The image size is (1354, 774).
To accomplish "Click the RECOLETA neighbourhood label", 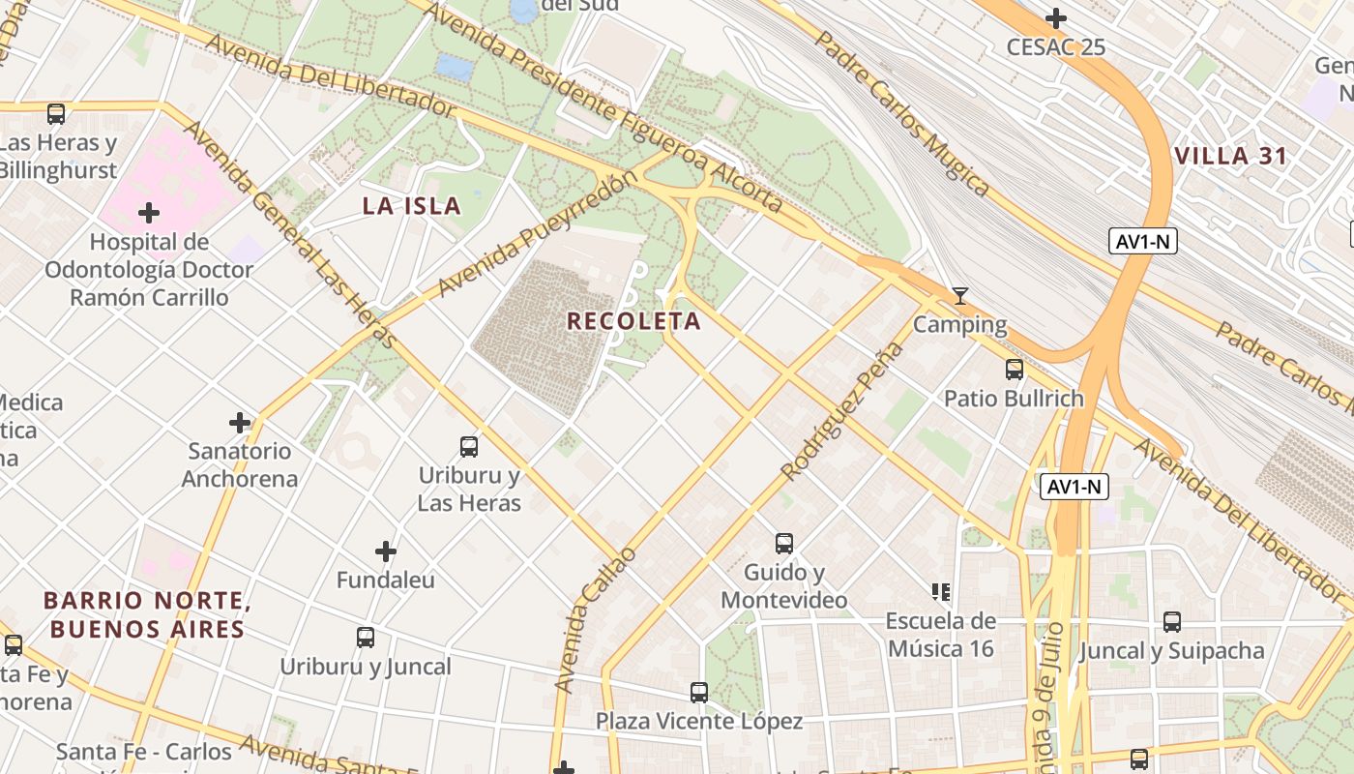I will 633,321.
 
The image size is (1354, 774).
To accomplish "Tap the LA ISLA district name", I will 411,206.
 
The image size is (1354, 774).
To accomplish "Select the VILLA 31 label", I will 1230,156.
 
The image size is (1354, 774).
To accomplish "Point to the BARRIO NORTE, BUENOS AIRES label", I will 147,615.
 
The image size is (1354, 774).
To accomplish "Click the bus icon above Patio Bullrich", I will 1014,369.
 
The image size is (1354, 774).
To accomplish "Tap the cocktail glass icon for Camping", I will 959,295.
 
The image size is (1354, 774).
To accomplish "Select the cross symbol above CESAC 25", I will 1056,18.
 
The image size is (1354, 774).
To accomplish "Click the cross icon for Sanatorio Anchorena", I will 240,422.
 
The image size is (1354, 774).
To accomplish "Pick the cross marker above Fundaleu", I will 386,551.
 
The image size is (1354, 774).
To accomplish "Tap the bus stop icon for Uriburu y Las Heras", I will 469,446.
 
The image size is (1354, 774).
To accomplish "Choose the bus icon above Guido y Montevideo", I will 783,543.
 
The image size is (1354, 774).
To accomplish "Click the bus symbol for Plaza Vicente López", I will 698,692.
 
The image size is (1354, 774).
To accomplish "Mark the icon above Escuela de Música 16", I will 940,591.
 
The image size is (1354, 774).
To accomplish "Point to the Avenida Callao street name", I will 596,619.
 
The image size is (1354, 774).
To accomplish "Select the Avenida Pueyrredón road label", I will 538,234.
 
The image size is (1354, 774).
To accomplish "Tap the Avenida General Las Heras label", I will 290,234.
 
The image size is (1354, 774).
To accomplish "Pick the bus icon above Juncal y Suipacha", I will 1171,621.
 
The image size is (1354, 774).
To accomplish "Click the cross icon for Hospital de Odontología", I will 148,212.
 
